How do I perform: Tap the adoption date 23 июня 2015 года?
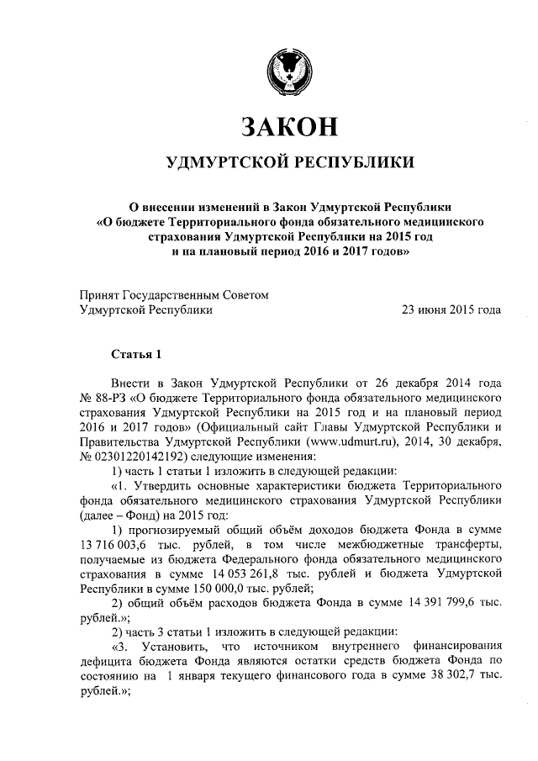click(x=452, y=309)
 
